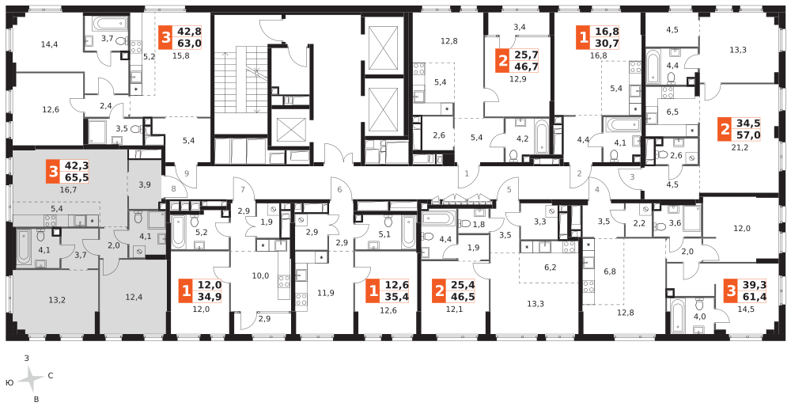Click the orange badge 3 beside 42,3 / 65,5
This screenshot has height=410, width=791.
coord(52,171)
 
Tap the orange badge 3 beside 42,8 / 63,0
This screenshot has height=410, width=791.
coord(165,37)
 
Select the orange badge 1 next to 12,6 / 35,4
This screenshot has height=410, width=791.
coord(373,291)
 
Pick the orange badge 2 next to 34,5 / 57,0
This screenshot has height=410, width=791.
coord(725,129)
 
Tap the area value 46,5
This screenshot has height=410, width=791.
coord(461,297)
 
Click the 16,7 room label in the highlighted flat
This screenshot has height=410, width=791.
coord(68,190)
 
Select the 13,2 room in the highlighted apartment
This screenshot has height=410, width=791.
coord(56,299)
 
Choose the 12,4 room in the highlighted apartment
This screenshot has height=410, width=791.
coord(134,297)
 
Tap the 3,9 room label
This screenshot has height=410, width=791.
coord(144,184)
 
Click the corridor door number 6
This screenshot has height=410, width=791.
coord(339,190)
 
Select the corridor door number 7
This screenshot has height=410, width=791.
coord(243,189)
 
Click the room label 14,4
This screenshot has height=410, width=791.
coord(49,45)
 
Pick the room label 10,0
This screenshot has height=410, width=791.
coord(260,275)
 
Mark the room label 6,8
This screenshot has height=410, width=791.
coord(610,271)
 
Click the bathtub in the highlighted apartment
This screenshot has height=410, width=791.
coord(24,247)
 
